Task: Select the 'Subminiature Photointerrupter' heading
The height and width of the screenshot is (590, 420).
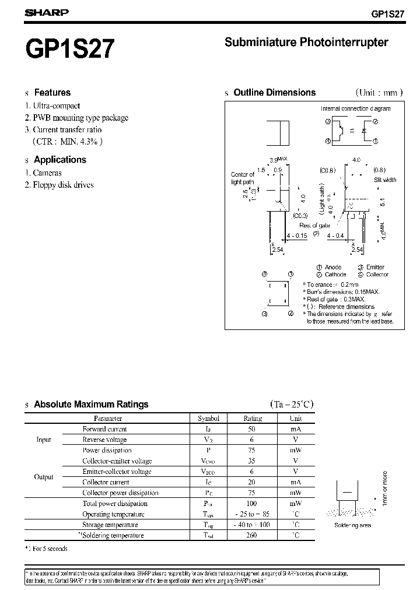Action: [x=306, y=42]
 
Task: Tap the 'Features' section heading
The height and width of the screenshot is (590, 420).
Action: [x=52, y=92]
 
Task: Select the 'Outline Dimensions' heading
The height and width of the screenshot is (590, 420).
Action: [x=274, y=92]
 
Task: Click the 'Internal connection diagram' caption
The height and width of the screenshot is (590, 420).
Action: [x=355, y=108]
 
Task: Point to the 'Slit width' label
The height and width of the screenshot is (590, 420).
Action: [x=385, y=180]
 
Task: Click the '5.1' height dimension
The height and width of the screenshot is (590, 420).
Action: [x=382, y=202]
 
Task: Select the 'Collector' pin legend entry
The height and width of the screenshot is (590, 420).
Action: [x=377, y=274]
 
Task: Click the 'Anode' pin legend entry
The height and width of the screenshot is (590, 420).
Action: [x=333, y=267]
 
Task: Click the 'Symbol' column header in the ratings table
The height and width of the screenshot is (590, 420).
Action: [x=209, y=418]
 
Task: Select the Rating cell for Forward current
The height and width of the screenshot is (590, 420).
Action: [x=253, y=429]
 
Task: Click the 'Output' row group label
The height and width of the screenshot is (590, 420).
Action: [x=44, y=477]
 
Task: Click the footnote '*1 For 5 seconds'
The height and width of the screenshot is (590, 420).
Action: [x=46, y=549]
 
